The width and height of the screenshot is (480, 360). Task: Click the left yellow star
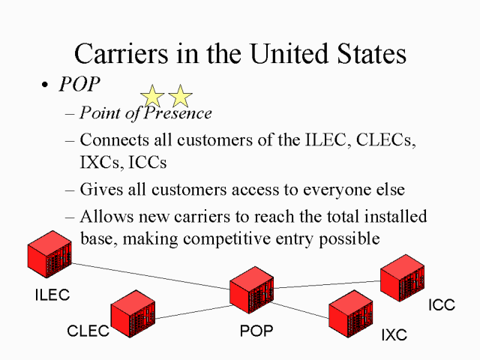(x=152, y=96)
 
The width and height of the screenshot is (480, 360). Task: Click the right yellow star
(x=180, y=96)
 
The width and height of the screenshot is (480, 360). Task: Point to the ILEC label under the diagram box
(x=52, y=295)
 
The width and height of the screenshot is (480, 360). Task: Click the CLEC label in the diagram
(x=88, y=331)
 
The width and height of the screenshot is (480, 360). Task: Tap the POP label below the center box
(x=256, y=331)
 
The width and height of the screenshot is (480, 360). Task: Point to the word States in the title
(x=366, y=54)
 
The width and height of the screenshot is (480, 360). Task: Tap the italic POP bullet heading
(x=79, y=84)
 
